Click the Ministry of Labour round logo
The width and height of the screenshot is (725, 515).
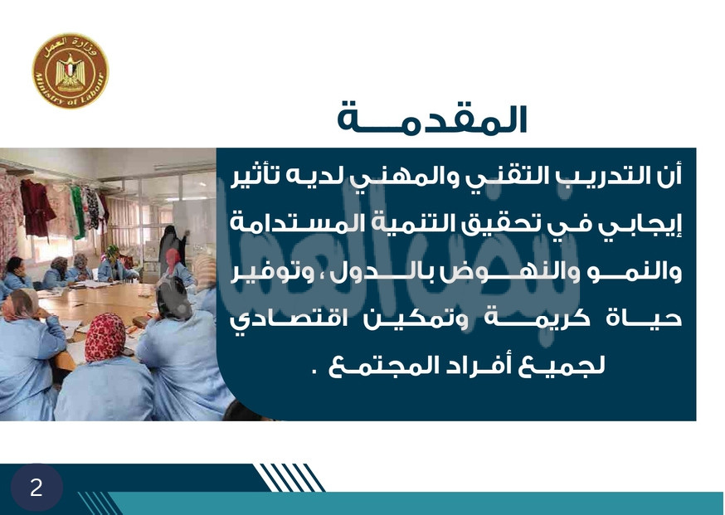pyautogui.click(x=71, y=70)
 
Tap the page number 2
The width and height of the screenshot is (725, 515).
pyautogui.click(x=36, y=488)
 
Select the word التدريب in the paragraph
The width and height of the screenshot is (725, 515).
pyautogui.click(x=586, y=176)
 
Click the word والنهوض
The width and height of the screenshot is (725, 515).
pyautogui.click(x=492, y=271)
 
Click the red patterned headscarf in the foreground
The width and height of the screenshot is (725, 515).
pyautogui.click(x=105, y=337)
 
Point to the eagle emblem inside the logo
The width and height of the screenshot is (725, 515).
pyautogui.click(x=71, y=70)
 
